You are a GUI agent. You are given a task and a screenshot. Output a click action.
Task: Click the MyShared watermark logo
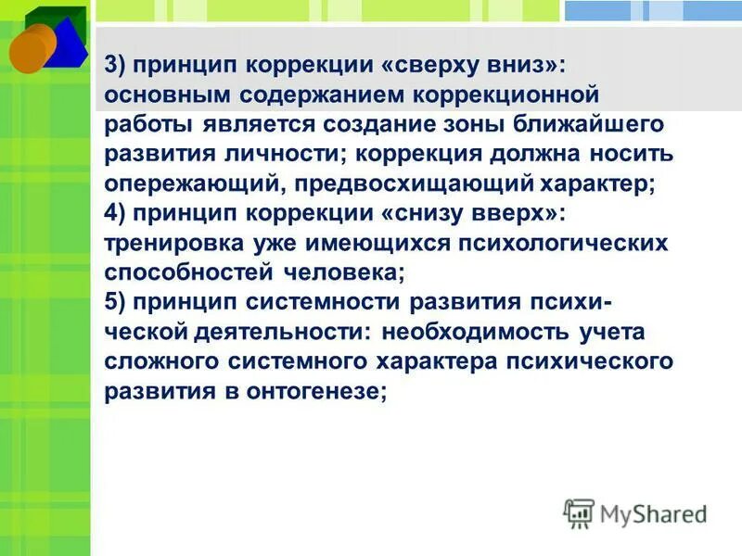[x=634, y=513]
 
